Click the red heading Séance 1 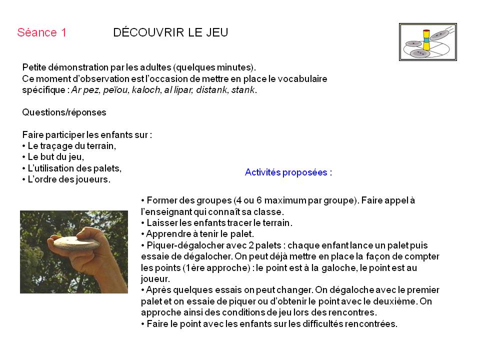click(x=41, y=33)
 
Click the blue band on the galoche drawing click(x=426, y=39)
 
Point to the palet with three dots click(x=420, y=52)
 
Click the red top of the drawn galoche click(x=426, y=31)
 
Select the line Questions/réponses click(x=64, y=112)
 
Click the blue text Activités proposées click(x=286, y=172)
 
